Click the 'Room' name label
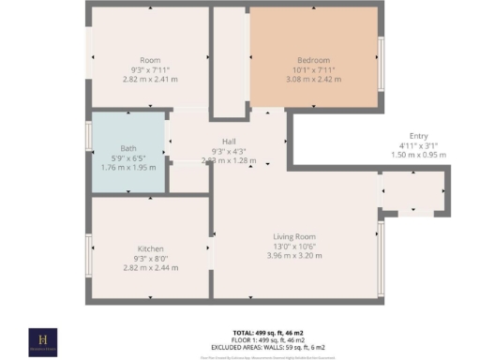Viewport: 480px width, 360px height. [x=150, y=60]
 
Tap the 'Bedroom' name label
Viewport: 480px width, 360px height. [x=314, y=60]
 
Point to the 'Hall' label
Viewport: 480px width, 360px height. [x=229, y=142]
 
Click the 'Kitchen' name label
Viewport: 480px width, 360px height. [x=150, y=248]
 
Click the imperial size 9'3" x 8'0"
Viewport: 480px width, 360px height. [x=150, y=258]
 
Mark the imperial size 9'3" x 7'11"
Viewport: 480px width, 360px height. [x=150, y=69]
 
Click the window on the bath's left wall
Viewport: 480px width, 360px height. [x=89, y=135]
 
